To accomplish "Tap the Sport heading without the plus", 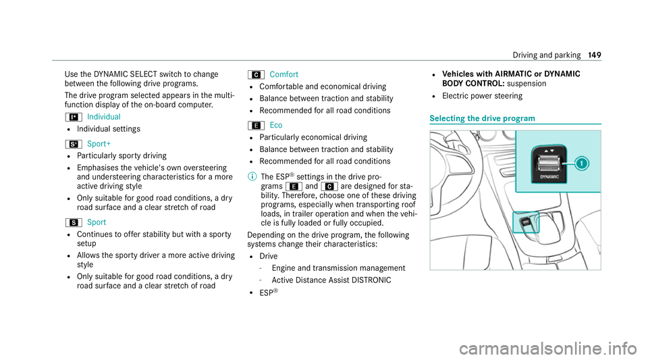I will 96,222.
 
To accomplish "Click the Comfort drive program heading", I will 283,74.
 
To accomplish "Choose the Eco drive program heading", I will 275,124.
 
